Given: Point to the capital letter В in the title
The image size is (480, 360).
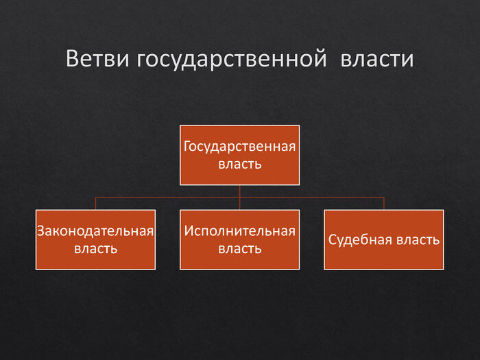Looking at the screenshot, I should (72, 59).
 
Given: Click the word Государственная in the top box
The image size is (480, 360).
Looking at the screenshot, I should (239, 146).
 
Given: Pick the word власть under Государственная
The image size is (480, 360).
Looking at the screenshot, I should (239, 164).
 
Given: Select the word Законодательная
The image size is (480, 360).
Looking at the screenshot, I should (95, 230).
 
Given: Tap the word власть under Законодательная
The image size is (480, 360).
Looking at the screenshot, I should (95, 248).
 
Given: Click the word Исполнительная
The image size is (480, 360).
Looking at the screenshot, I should (239, 230).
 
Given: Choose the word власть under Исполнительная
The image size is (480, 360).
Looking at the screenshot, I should (239, 248).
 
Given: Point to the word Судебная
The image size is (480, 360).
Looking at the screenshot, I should (361, 240).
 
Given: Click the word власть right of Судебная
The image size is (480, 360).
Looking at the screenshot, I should (418, 240).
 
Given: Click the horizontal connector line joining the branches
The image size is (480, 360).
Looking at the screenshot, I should (168, 197).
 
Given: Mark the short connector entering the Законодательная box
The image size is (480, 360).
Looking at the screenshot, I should (95, 204).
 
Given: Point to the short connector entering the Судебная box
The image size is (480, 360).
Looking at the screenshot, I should (384, 204).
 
